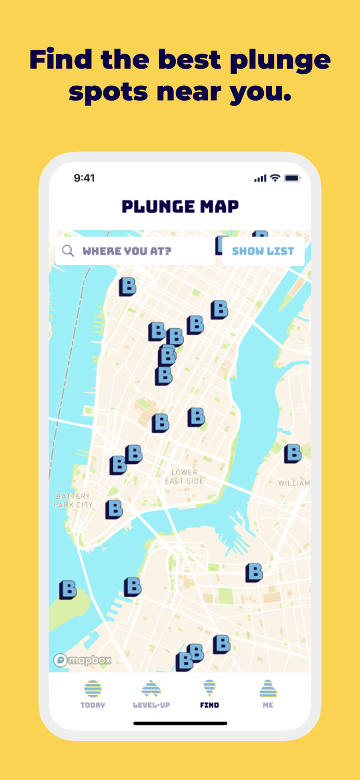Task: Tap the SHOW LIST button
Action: tap(263, 251)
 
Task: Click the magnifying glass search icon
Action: tap(68, 251)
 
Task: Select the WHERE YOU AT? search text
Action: tap(127, 251)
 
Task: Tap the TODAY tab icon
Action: tap(93, 689)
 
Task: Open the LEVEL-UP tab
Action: tap(151, 694)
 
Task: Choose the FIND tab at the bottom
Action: tap(210, 694)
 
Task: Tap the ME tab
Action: tap(268, 694)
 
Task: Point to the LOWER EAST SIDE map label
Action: tap(184, 476)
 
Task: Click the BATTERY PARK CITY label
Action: tap(73, 500)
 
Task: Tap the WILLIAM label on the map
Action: tap(294, 483)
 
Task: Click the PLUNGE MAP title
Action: tap(180, 206)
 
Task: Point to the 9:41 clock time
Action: tap(84, 178)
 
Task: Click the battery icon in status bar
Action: tap(292, 178)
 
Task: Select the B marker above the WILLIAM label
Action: tap(293, 453)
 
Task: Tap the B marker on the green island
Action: tap(68, 590)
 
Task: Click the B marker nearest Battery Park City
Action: tap(114, 509)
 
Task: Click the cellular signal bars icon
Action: tap(260, 178)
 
